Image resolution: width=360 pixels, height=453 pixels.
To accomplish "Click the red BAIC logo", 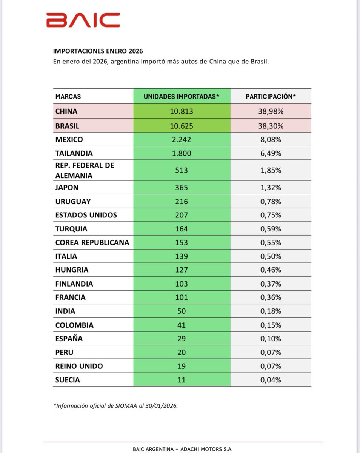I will (x=83, y=20).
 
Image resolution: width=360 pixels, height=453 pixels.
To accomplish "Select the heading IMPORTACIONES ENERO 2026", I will (x=98, y=51).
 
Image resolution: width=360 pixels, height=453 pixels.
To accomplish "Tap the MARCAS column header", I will (x=68, y=96).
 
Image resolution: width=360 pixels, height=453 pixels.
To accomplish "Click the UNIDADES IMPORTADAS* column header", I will (x=182, y=96).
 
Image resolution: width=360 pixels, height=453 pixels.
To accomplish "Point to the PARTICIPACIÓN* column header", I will (x=271, y=96).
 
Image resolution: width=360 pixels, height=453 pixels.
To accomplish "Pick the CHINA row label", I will (x=66, y=111).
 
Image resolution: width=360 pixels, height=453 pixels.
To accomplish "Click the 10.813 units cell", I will (x=182, y=111).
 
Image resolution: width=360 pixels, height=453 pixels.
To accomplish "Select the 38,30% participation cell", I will (x=271, y=126).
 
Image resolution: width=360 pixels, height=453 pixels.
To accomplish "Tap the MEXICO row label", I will (x=69, y=140).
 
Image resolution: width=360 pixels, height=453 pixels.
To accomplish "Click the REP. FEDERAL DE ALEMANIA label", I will (x=85, y=170).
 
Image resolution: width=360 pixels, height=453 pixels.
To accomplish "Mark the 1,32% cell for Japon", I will (x=271, y=187).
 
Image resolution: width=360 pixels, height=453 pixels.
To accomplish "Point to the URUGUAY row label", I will (x=73, y=201).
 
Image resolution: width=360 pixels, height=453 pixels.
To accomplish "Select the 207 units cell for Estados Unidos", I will (x=182, y=215).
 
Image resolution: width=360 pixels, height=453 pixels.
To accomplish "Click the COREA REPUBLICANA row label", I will (x=92, y=242).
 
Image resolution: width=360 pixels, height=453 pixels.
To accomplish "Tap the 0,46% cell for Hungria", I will (x=271, y=270).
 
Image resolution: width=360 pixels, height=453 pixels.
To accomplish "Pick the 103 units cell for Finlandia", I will (x=182, y=284).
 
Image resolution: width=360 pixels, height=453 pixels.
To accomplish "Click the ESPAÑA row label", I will (x=69, y=339).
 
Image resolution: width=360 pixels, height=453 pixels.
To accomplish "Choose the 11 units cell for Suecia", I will (x=182, y=380).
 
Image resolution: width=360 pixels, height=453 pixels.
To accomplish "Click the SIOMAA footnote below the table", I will (x=115, y=406).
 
